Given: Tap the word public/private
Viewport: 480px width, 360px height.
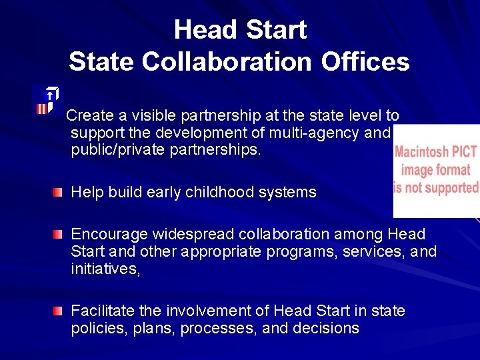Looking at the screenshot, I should tap(117, 150).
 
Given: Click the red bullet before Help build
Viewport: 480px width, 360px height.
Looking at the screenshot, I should tap(59, 193).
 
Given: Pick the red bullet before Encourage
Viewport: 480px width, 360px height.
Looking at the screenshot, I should tap(59, 235).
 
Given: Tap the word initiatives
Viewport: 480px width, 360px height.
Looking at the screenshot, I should tap(105, 269).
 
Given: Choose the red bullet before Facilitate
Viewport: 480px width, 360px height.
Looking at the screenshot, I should tap(59, 311).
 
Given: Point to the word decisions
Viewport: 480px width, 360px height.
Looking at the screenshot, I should tap(326, 329).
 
